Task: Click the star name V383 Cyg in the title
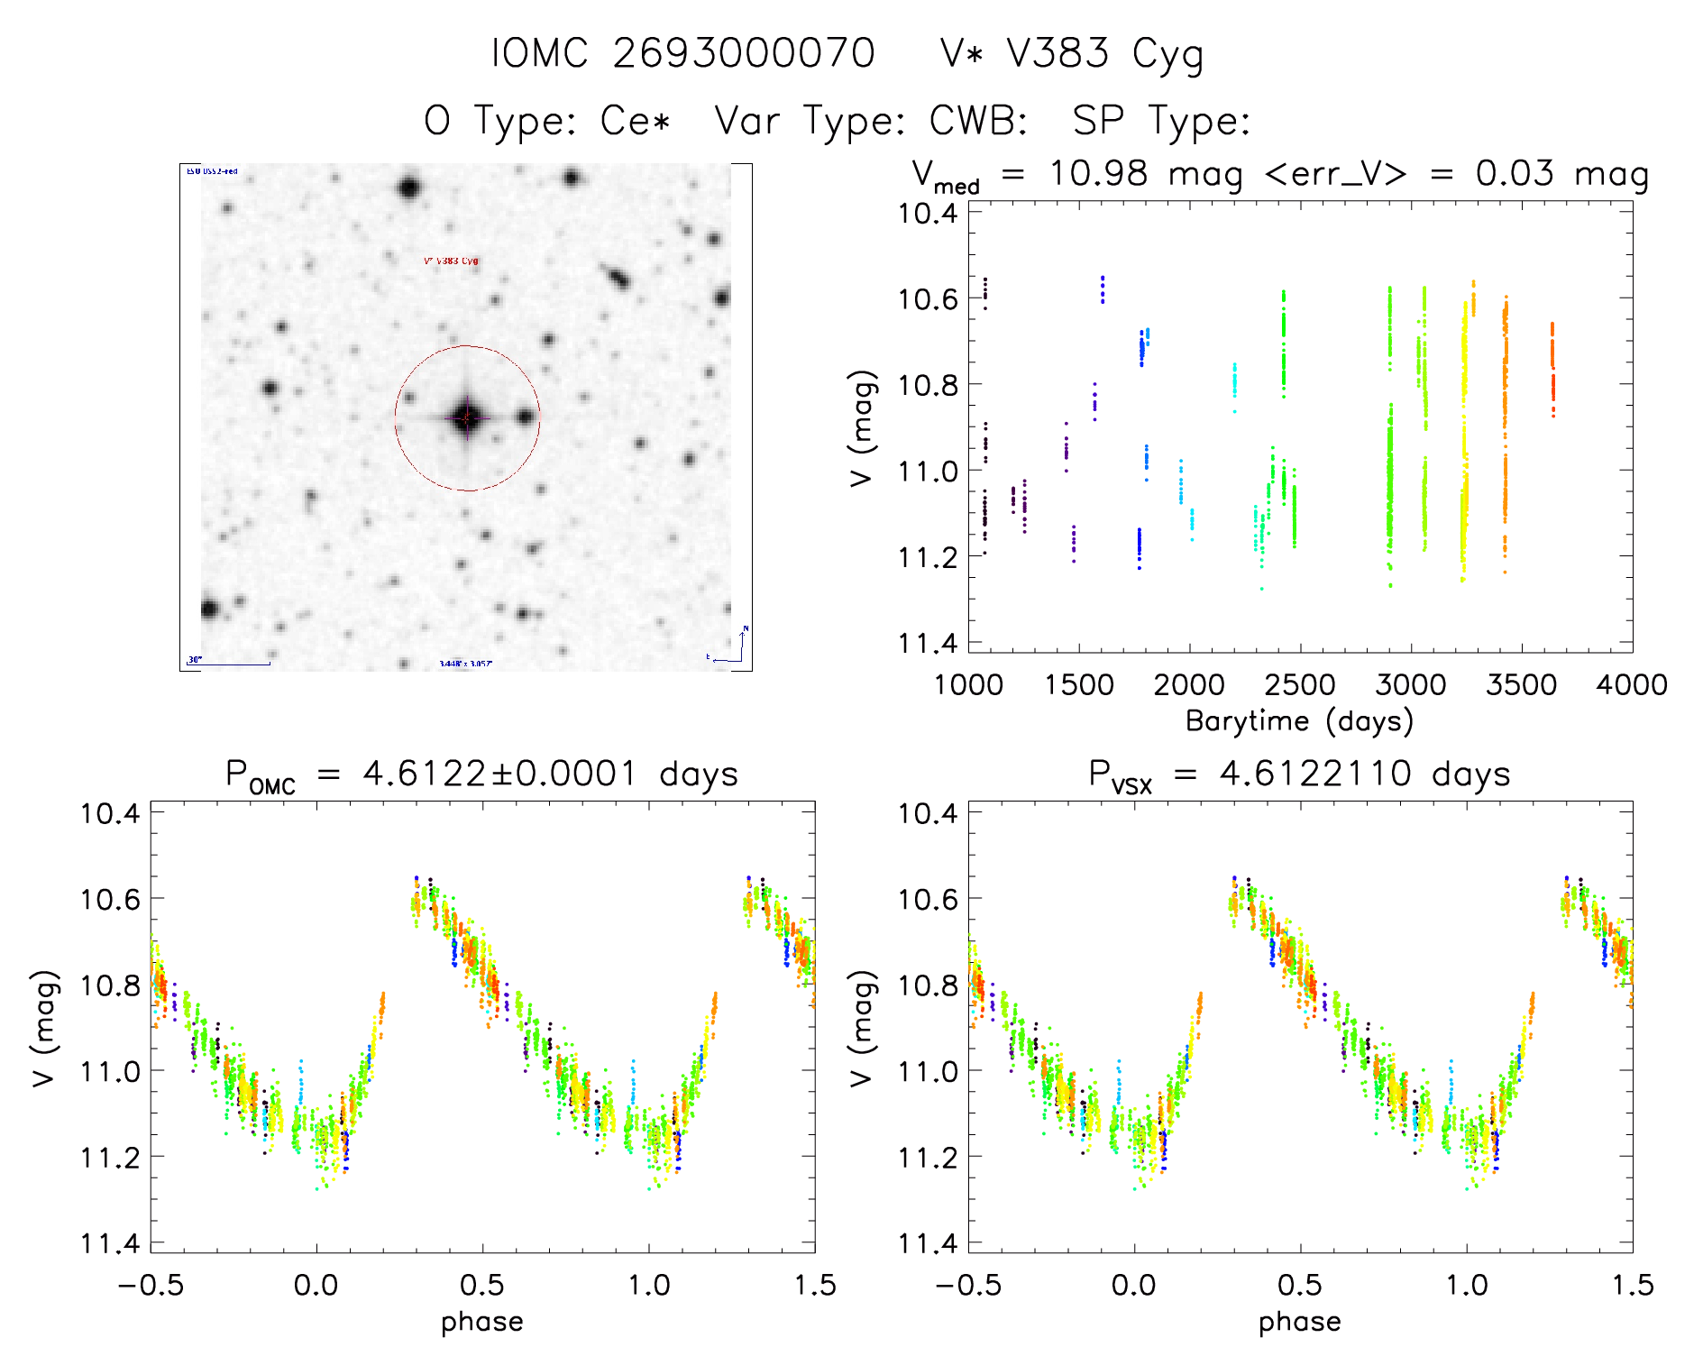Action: point(1104,54)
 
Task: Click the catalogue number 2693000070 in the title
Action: point(743,54)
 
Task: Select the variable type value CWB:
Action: point(978,121)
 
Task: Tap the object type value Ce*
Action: point(636,121)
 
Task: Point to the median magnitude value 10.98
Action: point(1098,173)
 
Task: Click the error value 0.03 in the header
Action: point(1514,173)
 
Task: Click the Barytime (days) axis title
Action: point(1299,721)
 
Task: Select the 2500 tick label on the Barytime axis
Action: point(1300,685)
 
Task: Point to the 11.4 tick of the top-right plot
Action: point(927,643)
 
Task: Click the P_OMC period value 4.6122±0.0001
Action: point(499,774)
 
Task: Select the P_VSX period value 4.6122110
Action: point(1315,774)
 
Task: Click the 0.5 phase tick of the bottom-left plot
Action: point(482,1286)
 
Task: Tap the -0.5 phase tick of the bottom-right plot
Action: point(968,1286)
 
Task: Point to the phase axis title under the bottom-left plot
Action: point(482,1323)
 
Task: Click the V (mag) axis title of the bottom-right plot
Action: point(862,1029)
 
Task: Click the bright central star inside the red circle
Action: point(466,417)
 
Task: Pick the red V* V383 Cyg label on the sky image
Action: point(451,261)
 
